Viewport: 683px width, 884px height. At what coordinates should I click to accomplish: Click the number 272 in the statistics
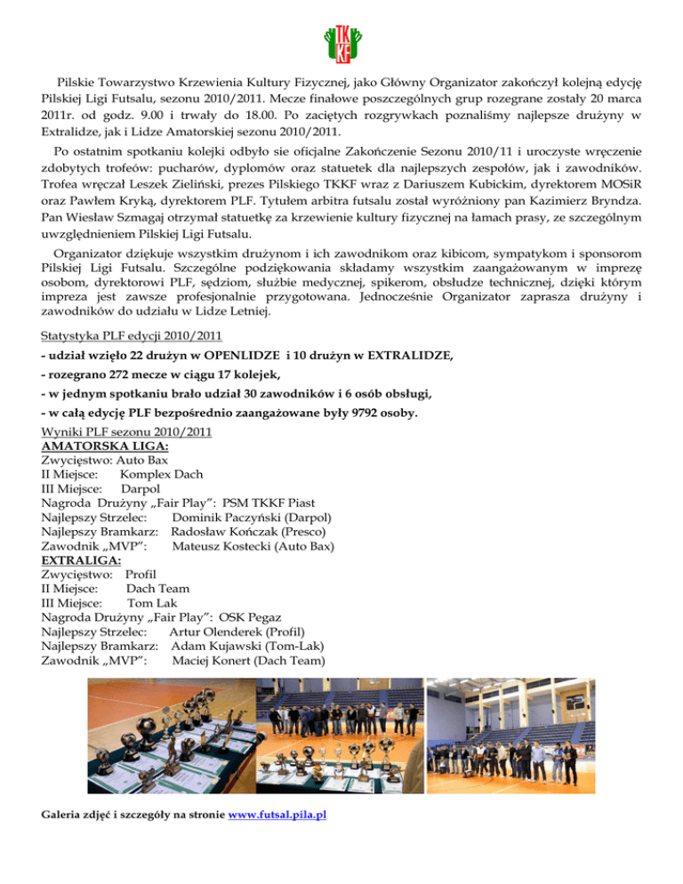[x=117, y=376]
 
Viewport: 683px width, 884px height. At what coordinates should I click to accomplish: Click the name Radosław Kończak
[x=225, y=531]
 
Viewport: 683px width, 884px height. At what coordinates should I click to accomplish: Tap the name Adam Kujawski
[x=221, y=646]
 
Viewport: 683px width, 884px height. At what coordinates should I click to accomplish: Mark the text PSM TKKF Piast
[x=269, y=502]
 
